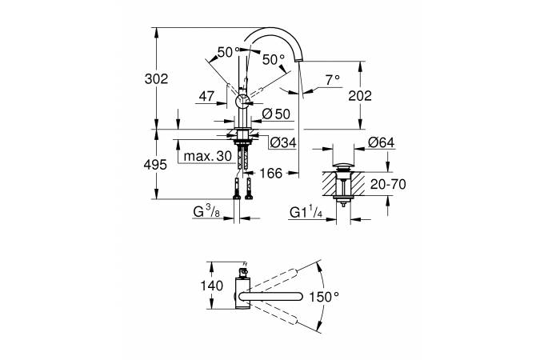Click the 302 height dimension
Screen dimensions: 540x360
point(156,79)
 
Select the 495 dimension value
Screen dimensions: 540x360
point(155,165)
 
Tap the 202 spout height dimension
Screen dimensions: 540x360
point(360,96)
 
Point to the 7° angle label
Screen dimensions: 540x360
point(332,80)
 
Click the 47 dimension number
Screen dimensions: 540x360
point(206,96)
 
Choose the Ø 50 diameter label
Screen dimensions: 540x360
point(276,114)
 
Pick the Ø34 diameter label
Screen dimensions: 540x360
point(282,142)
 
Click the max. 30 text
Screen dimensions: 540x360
point(208,157)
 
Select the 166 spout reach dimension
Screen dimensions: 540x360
point(270,174)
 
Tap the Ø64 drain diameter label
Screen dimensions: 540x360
point(382,142)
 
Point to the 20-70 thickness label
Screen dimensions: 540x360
point(388,185)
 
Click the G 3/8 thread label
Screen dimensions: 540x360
point(206,211)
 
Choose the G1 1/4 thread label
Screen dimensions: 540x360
point(306,212)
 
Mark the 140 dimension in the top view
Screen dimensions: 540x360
point(212,286)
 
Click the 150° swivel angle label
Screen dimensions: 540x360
point(324,296)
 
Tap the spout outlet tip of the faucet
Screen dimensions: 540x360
point(298,60)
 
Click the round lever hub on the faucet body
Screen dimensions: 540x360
point(242,102)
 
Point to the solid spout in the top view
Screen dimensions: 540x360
point(270,296)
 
